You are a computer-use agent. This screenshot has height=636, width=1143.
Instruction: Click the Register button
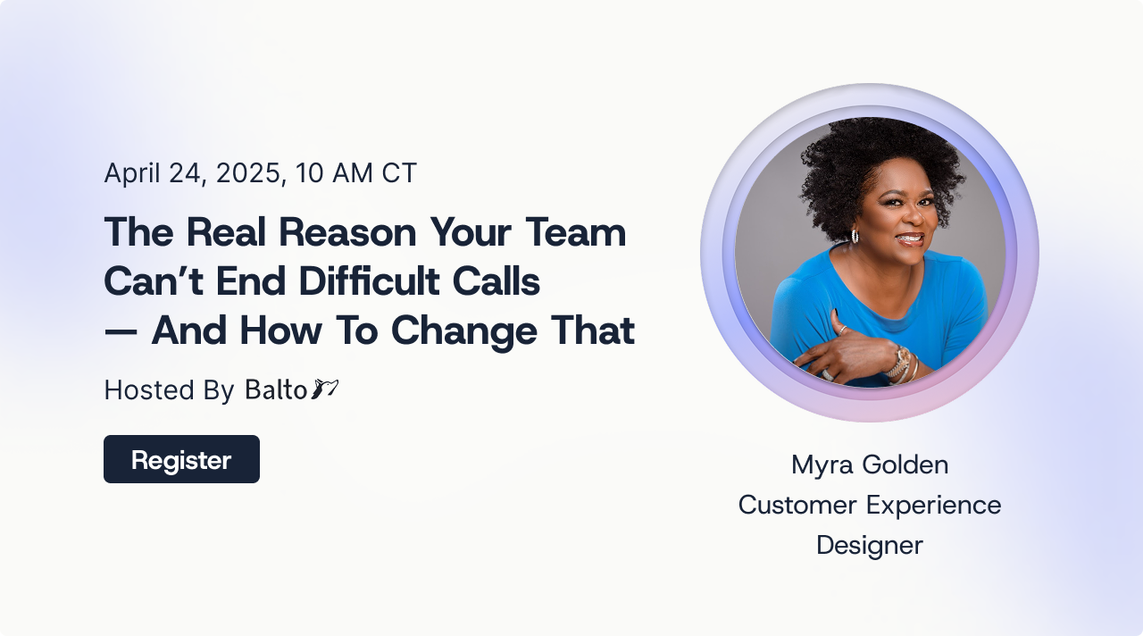[181, 459]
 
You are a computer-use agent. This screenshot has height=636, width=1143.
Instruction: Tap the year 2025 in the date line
[248, 173]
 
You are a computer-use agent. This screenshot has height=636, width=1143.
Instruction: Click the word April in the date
[132, 173]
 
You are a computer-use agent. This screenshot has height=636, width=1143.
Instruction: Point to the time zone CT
[399, 172]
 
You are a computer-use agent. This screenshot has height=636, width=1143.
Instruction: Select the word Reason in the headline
[347, 232]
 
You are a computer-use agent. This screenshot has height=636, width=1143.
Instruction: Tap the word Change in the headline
[463, 331]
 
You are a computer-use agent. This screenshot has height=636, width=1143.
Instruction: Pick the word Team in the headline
[576, 232]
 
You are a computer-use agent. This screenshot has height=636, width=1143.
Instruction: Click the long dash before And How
[121, 331]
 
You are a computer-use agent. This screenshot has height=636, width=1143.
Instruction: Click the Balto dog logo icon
[324, 389]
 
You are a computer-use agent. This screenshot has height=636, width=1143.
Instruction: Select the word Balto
[276, 389]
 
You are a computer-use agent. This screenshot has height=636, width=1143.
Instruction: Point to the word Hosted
[149, 390]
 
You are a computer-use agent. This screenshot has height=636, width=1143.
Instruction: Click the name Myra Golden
[870, 465]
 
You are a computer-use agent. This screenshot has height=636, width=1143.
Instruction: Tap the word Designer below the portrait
[870, 546]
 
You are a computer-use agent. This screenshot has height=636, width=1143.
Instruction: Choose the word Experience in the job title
[934, 506]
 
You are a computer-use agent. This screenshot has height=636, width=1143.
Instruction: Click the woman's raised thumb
[838, 320]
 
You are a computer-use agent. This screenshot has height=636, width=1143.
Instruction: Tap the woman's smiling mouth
[911, 238]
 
